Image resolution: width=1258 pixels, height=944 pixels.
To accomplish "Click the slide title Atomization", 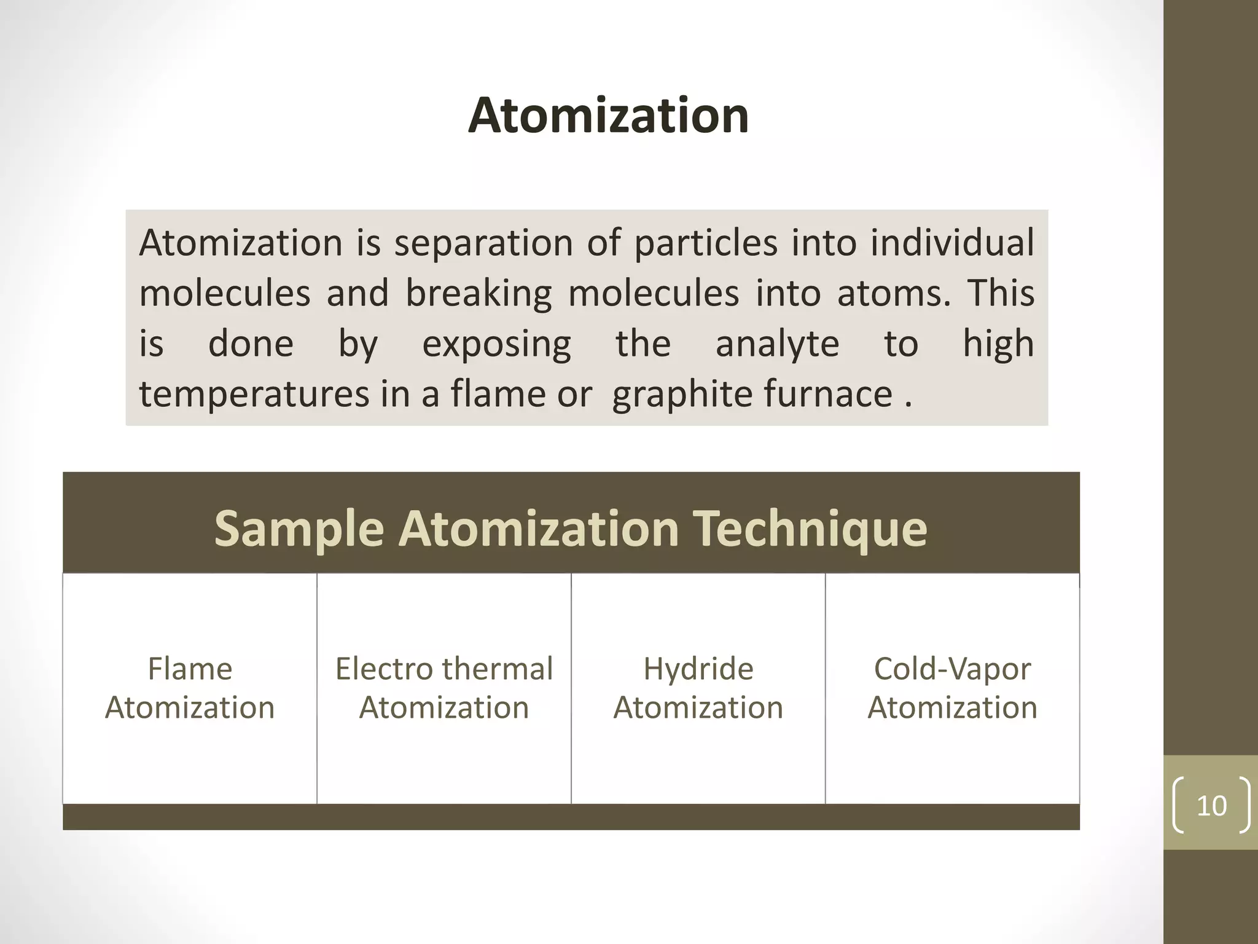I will (x=608, y=116).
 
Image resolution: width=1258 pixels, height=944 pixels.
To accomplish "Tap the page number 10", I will (x=1211, y=805).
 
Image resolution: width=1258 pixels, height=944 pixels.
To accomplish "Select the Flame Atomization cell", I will (x=190, y=688).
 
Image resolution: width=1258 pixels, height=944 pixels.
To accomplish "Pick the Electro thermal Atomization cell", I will (x=444, y=688).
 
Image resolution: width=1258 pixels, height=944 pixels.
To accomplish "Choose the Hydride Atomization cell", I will (x=698, y=688).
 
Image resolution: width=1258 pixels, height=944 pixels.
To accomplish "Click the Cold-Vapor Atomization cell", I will (x=952, y=688).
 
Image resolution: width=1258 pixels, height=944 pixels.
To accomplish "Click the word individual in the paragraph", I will (x=952, y=242).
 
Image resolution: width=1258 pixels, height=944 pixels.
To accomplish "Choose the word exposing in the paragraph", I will (x=496, y=344).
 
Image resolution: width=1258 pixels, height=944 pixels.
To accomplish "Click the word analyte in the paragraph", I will (x=777, y=344).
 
